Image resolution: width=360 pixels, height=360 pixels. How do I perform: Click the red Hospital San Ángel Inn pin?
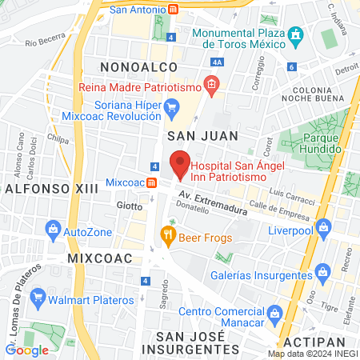coord(181,165)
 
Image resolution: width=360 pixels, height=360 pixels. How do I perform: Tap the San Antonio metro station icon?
coord(174,10)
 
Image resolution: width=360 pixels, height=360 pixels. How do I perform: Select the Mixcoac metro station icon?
coord(153,182)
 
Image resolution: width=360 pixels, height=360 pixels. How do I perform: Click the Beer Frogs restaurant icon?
coord(167,234)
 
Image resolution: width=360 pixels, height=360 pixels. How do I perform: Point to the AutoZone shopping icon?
coord(53,229)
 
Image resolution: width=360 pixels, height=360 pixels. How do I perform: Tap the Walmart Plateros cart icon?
coord(37,300)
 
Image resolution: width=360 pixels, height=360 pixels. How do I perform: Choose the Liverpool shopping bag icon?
coord(323,229)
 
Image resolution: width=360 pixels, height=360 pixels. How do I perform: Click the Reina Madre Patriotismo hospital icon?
coord(211,83)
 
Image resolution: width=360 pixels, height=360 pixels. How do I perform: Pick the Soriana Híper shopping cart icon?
coord(171,106)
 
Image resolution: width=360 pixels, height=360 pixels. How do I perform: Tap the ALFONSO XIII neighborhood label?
coord(51,188)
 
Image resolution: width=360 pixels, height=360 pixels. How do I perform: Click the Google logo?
coord(27,349)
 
